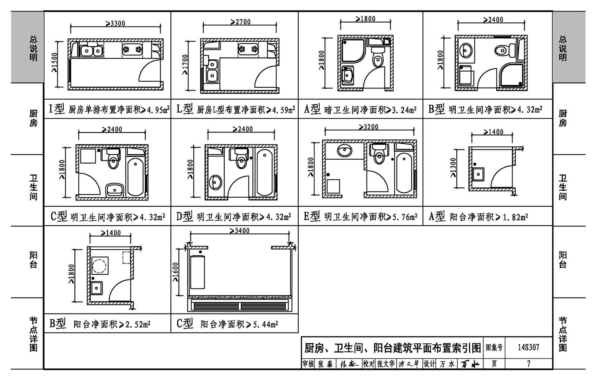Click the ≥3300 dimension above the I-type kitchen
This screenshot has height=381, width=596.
115,23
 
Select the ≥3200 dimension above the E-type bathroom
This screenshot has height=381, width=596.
369,127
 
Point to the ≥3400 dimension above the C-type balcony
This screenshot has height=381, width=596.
240,231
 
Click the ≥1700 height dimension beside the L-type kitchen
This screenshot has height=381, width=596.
185,65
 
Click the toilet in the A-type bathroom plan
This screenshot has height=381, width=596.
378,59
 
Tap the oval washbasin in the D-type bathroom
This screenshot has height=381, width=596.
215,182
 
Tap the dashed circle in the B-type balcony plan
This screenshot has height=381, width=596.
99,266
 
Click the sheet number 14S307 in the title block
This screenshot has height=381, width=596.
528,347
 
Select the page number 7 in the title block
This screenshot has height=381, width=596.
528,363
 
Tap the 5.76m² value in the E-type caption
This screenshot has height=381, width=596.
405,216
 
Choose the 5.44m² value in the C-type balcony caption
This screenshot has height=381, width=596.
265,324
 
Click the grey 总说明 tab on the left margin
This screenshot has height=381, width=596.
33,48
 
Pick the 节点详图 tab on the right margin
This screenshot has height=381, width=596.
563,334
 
